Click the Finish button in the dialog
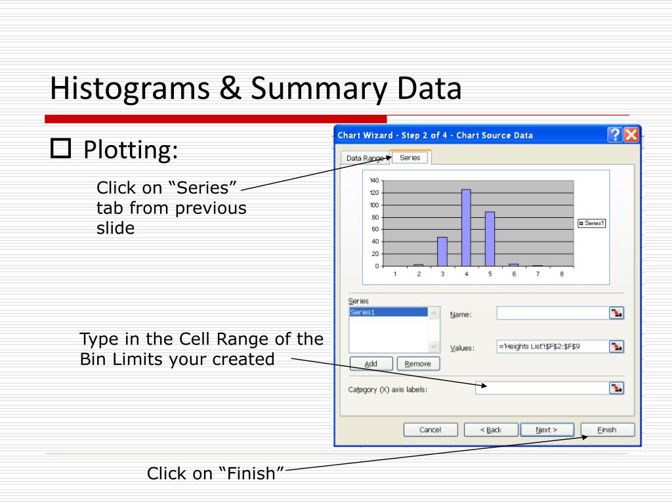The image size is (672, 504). (x=607, y=430)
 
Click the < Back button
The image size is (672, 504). (x=491, y=430)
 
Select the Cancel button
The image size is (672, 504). (x=430, y=430)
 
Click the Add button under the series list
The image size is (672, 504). (x=371, y=364)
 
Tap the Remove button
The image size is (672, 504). (x=418, y=364)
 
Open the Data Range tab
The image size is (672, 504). (x=365, y=158)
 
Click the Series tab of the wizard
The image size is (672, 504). (x=410, y=157)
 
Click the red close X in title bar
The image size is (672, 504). (x=631, y=135)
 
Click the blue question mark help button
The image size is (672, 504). (x=615, y=135)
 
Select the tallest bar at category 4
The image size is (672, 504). (x=466, y=228)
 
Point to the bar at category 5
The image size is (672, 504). (x=490, y=239)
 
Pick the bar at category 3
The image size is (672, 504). (x=442, y=251)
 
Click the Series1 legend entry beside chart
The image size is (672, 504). (x=591, y=223)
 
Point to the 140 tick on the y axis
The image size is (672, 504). (x=374, y=180)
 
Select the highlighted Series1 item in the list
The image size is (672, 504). (x=387, y=312)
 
